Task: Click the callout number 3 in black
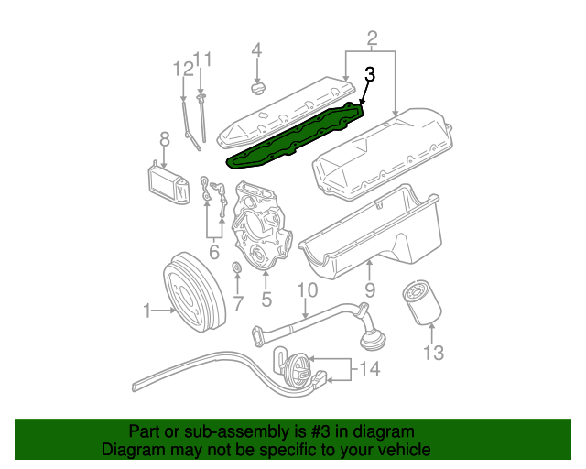click(370, 75)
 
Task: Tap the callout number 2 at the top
click(372, 38)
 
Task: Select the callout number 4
click(257, 49)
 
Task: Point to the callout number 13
click(433, 352)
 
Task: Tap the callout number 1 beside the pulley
click(146, 312)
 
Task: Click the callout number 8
click(165, 139)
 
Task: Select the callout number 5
click(266, 298)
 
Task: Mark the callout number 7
click(236, 302)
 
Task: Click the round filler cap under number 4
click(258, 90)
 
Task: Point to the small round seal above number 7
click(235, 269)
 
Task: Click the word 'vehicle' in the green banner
click(399, 450)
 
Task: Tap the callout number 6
click(214, 252)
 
